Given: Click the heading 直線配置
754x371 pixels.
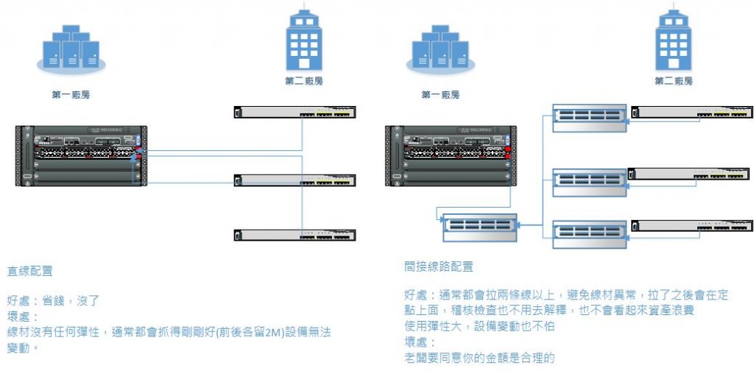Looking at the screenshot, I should [30, 271].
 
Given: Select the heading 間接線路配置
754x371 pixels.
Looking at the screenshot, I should [439, 266].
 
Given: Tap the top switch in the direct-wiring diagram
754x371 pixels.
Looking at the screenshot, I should [295, 113].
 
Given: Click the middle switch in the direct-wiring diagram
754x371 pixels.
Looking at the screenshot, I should [295, 180].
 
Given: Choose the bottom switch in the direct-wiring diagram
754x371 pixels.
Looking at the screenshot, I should [295, 236].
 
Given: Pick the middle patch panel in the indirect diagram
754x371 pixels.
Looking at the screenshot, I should [589, 180].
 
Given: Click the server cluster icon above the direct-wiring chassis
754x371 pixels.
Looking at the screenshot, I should [71, 49].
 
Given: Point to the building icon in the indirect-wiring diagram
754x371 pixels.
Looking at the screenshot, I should [673, 40].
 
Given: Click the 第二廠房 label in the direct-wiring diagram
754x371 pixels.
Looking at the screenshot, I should [303, 81].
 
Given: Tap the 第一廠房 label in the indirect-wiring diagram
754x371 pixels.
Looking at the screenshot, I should [440, 95].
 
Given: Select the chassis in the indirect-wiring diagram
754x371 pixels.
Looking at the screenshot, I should [449, 155].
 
